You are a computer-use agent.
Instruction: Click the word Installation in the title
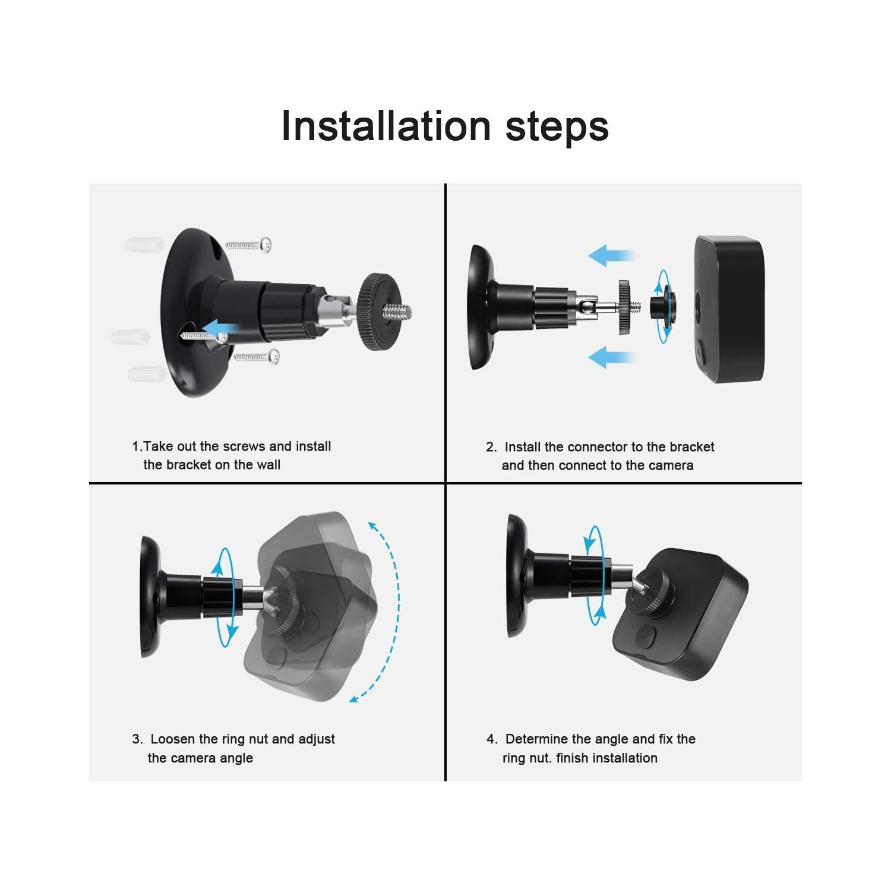pyautogui.click(x=386, y=126)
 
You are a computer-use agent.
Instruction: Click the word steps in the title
pyautogui.click(x=557, y=127)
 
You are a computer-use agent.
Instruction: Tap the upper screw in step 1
pyautogui.click(x=248, y=245)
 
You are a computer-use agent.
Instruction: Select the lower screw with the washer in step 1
pyautogui.click(x=257, y=357)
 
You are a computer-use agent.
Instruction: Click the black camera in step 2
pyautogui.click(x=729, y=309)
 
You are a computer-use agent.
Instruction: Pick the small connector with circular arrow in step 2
pyautogui.click(x=662, y=306)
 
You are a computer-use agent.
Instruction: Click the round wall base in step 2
pyautogui.click(x=481, y=308)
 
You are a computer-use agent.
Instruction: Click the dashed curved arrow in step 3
pyautogui.click(x=388, y=612)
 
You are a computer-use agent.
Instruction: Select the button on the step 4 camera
pyautogui.click(x=645, y=637)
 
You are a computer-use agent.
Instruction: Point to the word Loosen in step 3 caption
pyautogui.click(x=173, y=739)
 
